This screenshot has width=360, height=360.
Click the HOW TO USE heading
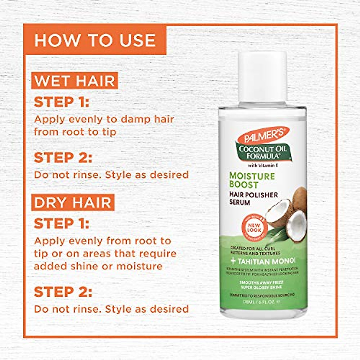[x=95, y=40]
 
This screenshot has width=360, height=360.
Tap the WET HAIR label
[x=75, y=81]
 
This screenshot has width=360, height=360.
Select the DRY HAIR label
[x=73, y=202]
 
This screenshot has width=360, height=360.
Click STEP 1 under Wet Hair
[x=61, y=102]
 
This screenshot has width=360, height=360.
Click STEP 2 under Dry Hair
[x=63, y=292]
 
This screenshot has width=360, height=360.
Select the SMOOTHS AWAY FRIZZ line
[x=261, y=283]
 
